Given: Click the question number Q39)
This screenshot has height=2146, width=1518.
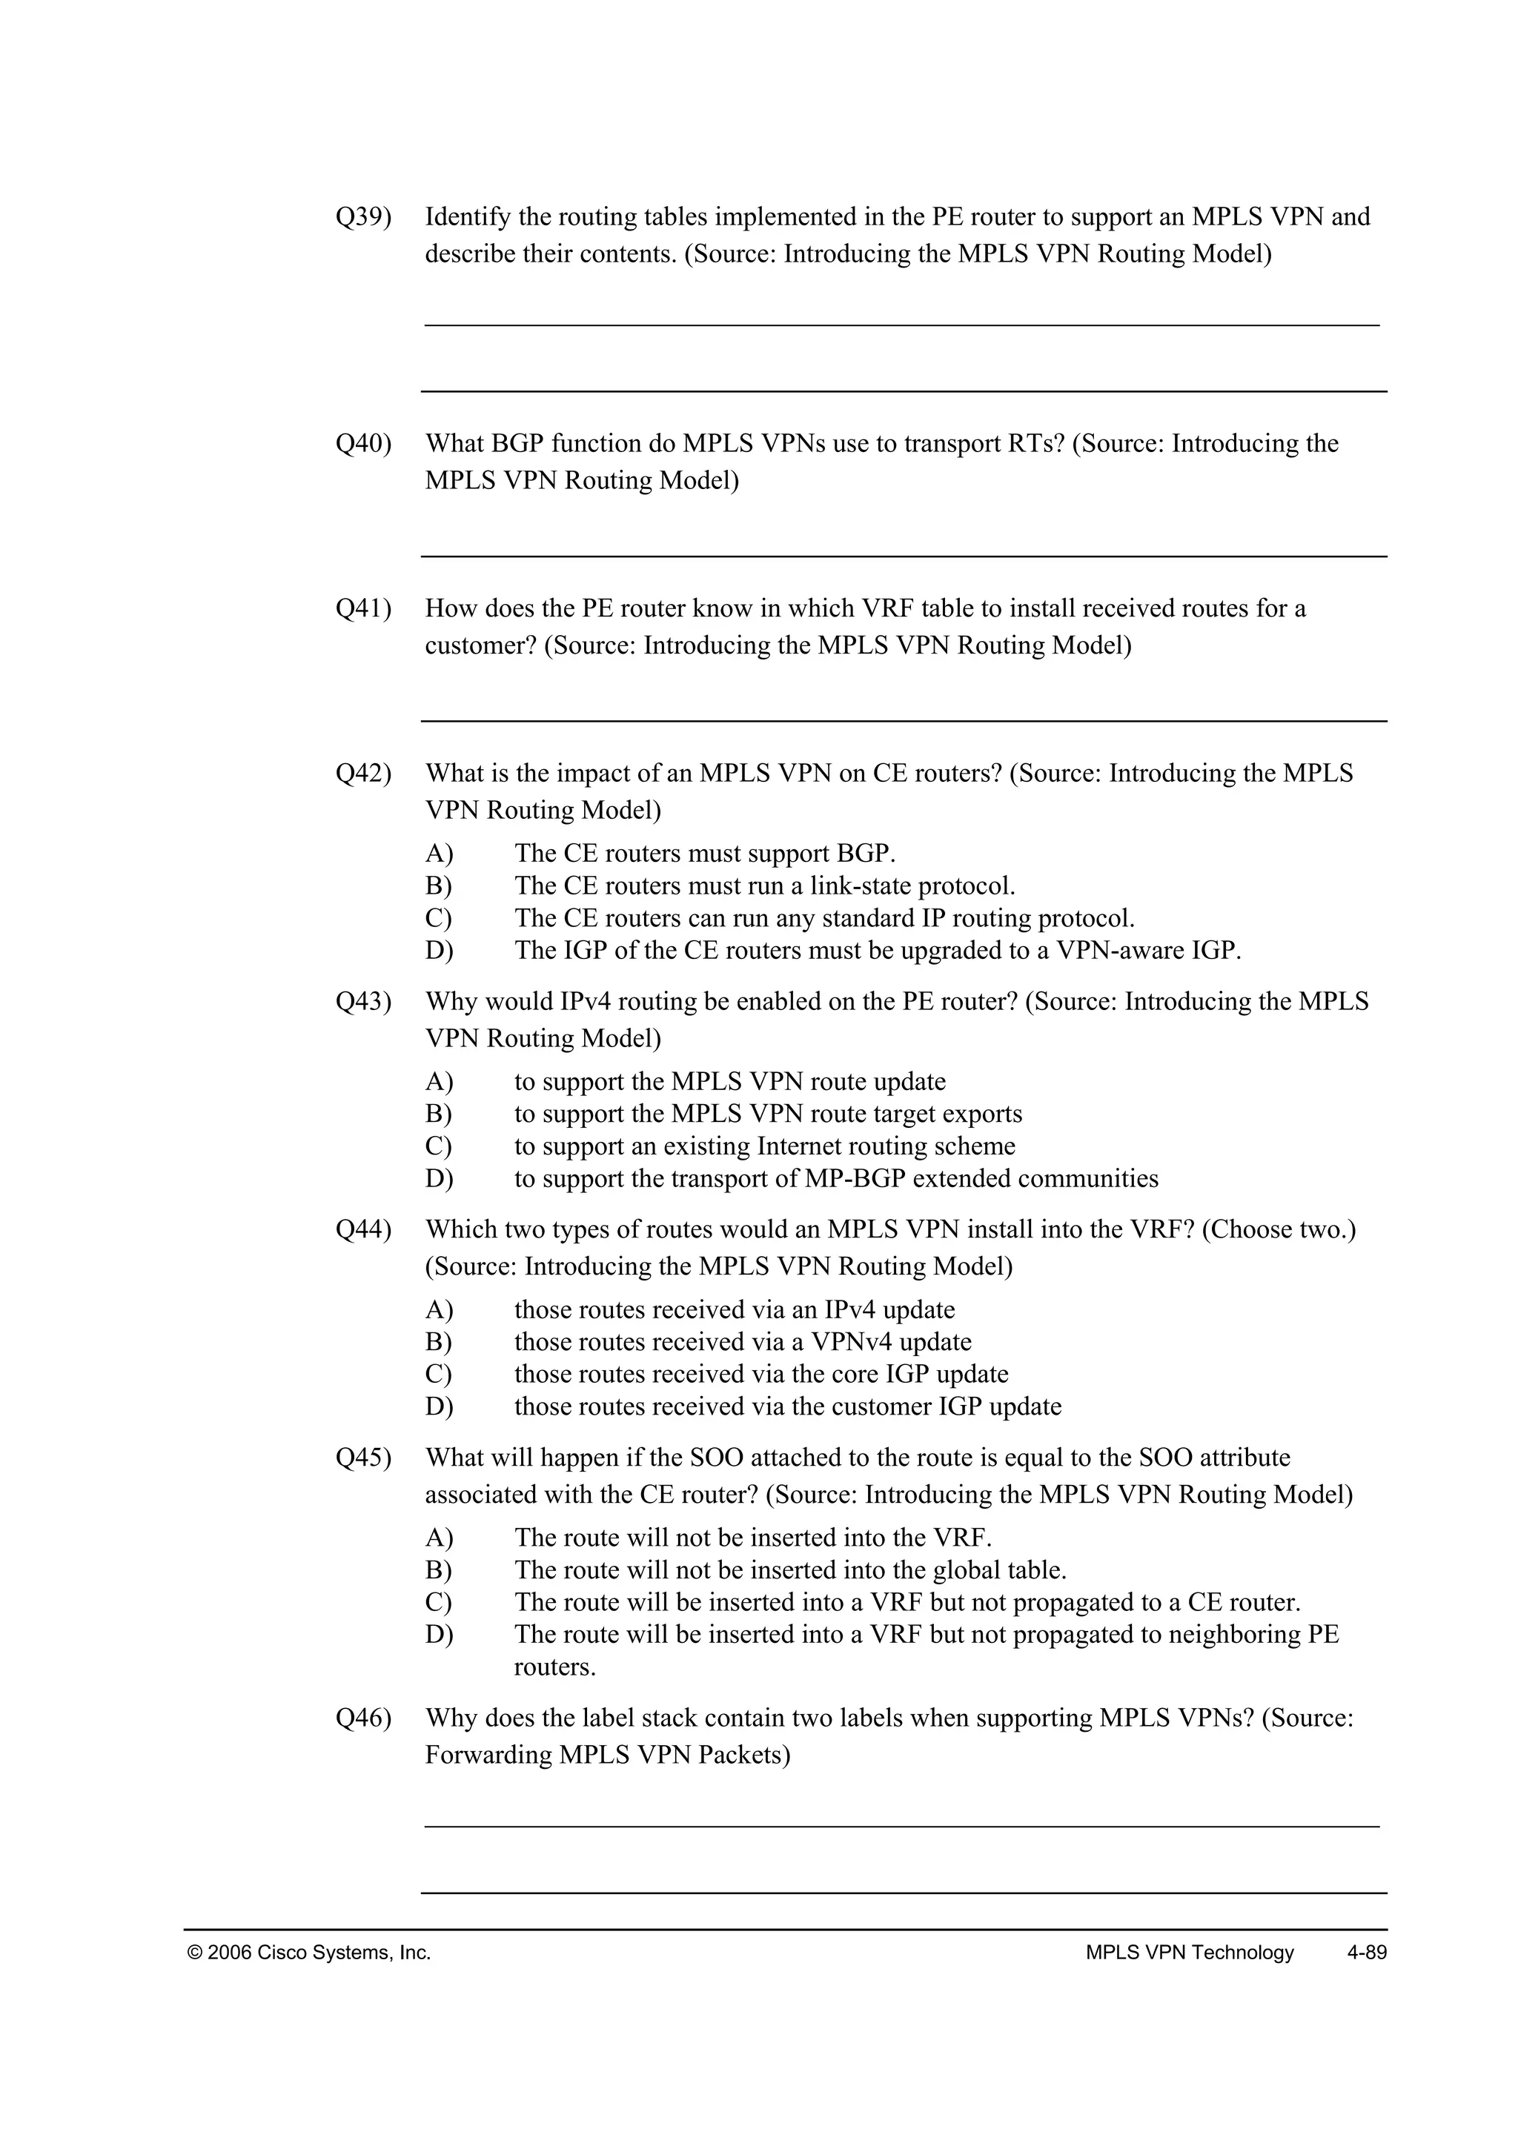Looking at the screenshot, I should coord(362,217).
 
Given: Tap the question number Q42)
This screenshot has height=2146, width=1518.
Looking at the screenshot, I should coord(362,773).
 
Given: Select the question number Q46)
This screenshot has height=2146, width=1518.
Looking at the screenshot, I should coord(362,1718).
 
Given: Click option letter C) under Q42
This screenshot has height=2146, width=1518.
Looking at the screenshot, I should coord(438,918).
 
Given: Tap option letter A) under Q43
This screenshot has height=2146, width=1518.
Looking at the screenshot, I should coord(438,1081).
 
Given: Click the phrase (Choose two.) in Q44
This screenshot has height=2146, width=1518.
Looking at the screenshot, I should coord(1278,1229).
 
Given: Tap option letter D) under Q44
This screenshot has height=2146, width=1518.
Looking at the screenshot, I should coord(438,1406).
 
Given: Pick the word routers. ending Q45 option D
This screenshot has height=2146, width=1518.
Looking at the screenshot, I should coord(554,1667).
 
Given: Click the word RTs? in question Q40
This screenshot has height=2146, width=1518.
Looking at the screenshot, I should coord(1035,443).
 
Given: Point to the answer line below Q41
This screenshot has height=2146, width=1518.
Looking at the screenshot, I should coord(903,720).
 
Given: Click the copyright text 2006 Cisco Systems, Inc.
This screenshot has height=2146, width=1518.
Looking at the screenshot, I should coord(309,1952).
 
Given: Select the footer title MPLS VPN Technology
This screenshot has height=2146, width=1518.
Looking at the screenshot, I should coord(1189,1952).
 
